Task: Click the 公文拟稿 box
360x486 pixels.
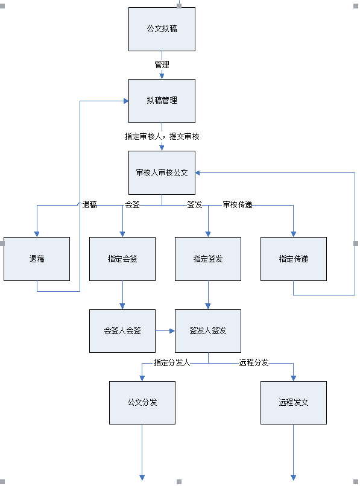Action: [162, 29]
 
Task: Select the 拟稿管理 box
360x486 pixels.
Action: [162, 101]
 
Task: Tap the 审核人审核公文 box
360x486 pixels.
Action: [162, 172]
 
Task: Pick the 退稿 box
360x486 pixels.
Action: [37, 259]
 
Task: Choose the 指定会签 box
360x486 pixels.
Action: [122, 259]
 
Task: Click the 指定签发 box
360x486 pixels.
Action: [208, 259]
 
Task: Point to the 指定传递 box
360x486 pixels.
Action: [294, 259]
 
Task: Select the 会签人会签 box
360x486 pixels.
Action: [122, 330]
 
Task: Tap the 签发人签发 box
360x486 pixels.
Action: [208, 330]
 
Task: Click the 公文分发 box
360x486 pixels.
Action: [142, 403]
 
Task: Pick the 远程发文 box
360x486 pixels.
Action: [294, 403]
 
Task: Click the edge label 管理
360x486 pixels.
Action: [162, 65]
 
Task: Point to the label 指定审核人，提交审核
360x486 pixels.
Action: [162, 136]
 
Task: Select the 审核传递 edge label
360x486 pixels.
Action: [238, 204]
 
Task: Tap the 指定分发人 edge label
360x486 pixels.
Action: [172, 362]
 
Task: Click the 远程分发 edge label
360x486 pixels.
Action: [254, 362]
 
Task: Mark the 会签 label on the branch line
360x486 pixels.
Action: [133, 204]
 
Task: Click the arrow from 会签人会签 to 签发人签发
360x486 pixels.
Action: [165, 331]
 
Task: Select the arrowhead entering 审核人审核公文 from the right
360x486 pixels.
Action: [198, 173]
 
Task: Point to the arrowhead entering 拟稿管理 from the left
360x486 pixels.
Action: [126, 101]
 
